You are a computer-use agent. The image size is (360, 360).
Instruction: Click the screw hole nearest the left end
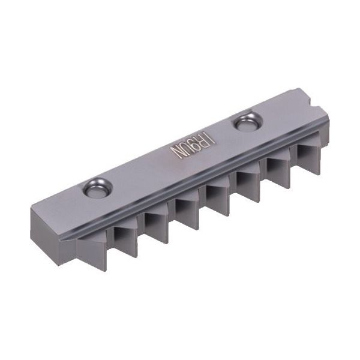(x=95, y=189)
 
